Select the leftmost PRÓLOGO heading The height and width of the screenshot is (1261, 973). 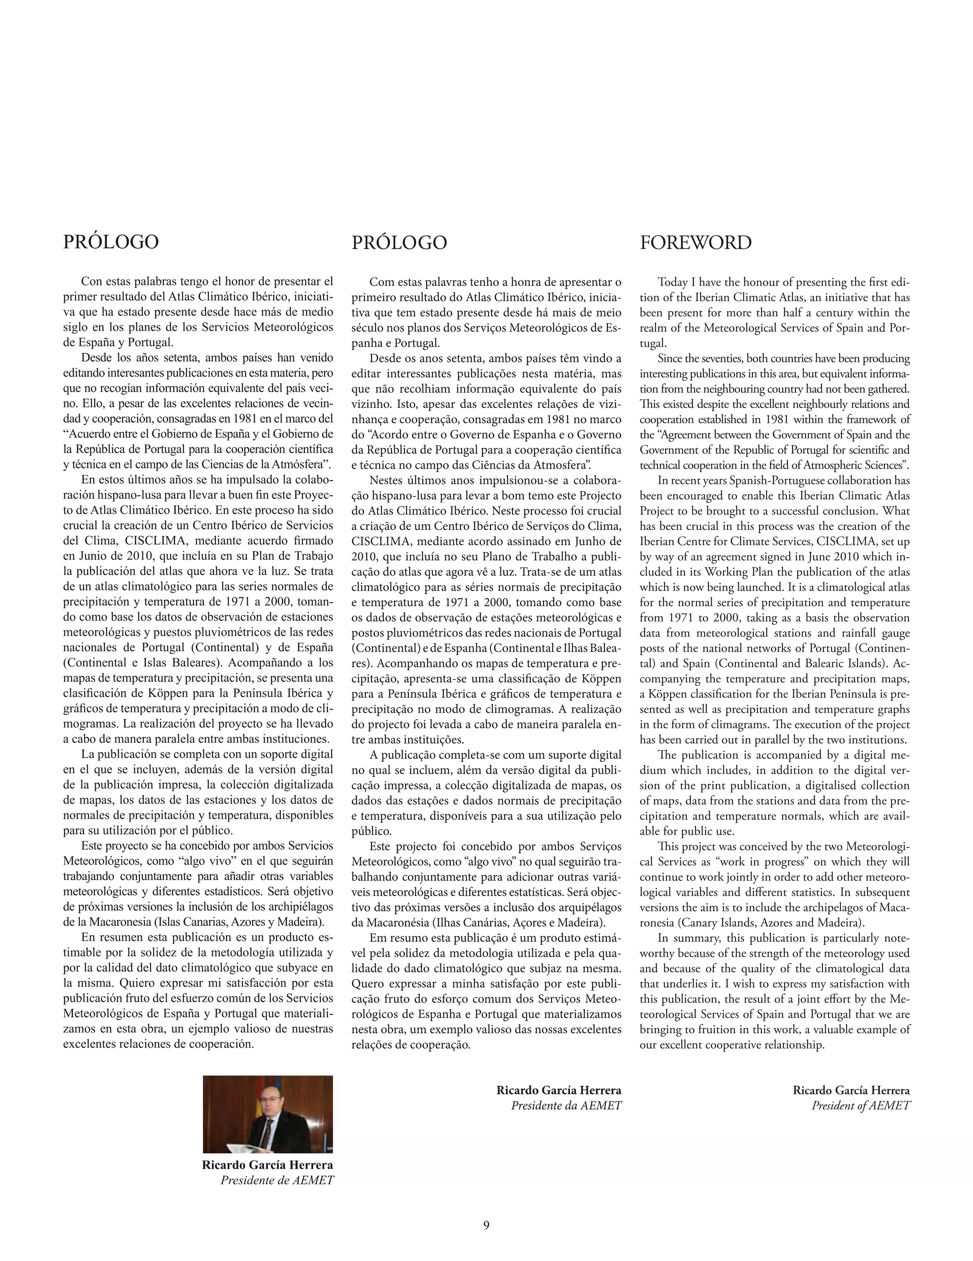[110, 242]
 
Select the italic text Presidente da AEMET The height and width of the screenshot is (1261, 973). [566, 1105]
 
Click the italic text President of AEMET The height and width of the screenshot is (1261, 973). [860, 1105]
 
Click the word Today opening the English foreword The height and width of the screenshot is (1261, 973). [673, 282]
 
